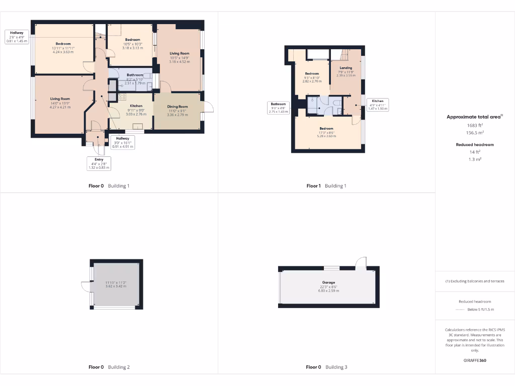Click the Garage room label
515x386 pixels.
[x=329, y=282]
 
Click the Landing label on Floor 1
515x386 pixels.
[x=346, y=68]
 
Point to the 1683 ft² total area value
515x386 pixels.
[x=475, y=126]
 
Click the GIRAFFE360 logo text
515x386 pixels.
[x=475, y=360]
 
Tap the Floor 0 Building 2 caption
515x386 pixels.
[x=109, y=367]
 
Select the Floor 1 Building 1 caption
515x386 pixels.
[x=326, y=186]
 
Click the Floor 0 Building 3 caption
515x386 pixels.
[x=326, y=367]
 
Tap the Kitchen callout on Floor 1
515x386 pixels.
[x=377, y=105]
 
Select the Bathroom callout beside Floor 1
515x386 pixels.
[x=278, y=108]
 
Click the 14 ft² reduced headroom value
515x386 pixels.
[x=475, y=152]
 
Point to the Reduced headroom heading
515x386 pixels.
[x=475, y=145]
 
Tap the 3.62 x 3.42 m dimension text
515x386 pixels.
[x=116, y=286]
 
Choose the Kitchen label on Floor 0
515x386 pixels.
[x=136, y=106]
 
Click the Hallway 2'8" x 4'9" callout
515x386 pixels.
[x=18, y=37]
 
